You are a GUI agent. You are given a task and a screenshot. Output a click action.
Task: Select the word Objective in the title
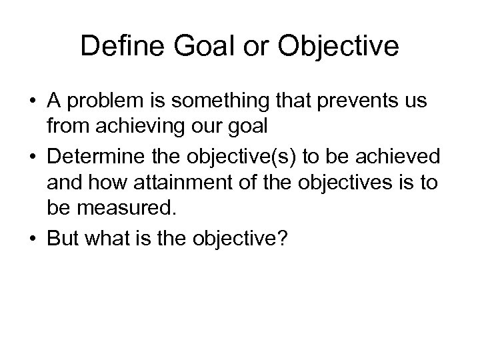click(343, 47)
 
